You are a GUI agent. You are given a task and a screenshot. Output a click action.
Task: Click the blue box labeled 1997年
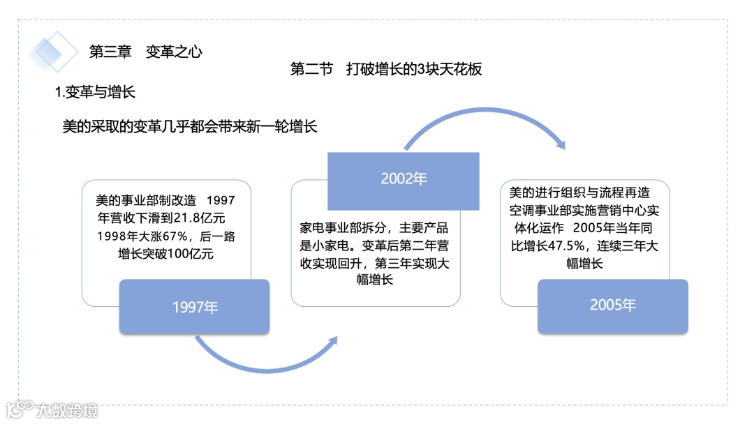coord(195,306)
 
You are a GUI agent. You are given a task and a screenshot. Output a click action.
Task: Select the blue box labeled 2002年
coord(404,179)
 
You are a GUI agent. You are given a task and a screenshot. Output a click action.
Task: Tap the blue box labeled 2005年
coord(612,305)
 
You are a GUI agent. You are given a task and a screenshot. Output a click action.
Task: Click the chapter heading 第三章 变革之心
coord(146,52)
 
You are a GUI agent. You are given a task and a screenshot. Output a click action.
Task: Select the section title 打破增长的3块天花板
coord(413,69)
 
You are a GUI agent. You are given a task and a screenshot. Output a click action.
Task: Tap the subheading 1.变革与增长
coord(95,92)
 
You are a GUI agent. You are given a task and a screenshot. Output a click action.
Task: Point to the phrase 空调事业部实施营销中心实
coord(584,211)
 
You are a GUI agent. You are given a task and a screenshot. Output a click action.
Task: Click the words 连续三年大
coord(628,245)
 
